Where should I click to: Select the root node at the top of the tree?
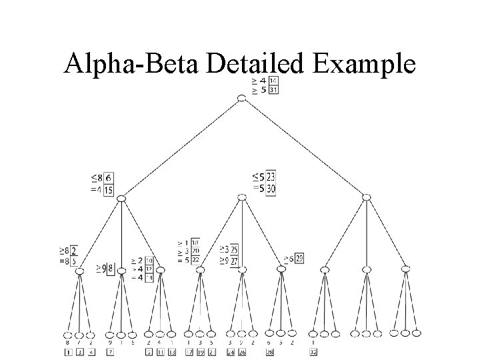(242, 98)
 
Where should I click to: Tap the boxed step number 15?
(109, 190)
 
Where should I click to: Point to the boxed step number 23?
(271, 177)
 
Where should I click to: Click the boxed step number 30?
(271, 189)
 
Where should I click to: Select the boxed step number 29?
(299, 259)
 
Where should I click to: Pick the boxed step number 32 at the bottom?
(314, 351)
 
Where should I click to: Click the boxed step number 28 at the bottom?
(271, 351)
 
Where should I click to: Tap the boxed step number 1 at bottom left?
(68, 351)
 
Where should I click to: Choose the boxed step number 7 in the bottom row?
(110, 351)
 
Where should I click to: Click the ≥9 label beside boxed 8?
(101, 269)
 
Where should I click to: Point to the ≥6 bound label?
(288, 259)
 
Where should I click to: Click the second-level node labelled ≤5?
(242, 197)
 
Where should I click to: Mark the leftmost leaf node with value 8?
(68, 333)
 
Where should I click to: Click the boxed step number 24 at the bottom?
(231, 351)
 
